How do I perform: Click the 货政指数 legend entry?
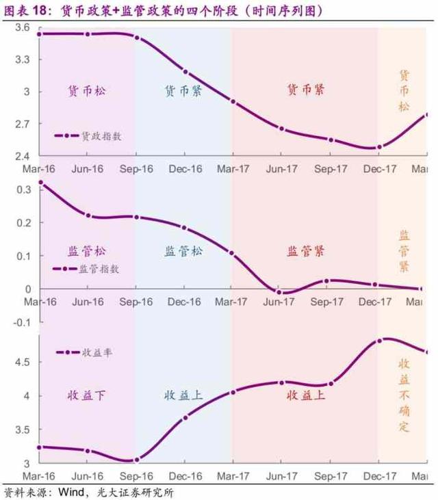(x=88, y=136)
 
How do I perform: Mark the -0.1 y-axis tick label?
(x=21, y=321)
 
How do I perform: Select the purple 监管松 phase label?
(x=88, y=251)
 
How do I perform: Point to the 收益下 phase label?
(x=86, y=395)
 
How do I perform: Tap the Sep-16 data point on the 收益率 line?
(x=136, y=460)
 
